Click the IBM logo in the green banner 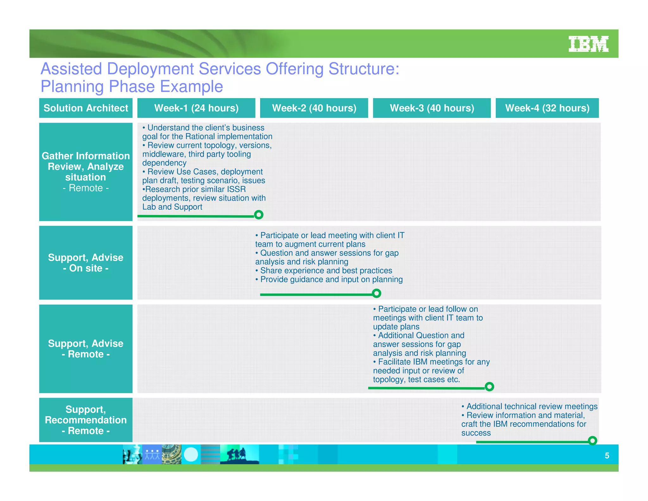pos(588,44)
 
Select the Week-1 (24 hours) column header pos(196,108)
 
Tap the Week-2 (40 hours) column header pos(314,108)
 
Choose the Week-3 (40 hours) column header pos(432,108)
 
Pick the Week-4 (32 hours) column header pos(547,108)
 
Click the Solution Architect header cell pos(86,108)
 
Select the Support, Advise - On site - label pos(86,263)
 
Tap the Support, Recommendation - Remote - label pos(86,420)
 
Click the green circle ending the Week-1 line pos(259,215)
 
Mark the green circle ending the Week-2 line pos(376,293)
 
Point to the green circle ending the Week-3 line pos(489,386)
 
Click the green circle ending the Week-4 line pos(592,441)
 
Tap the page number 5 pos(607,455)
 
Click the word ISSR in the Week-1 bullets pos(236,189)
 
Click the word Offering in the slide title pos(295,69)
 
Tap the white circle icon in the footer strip pos(191,454)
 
